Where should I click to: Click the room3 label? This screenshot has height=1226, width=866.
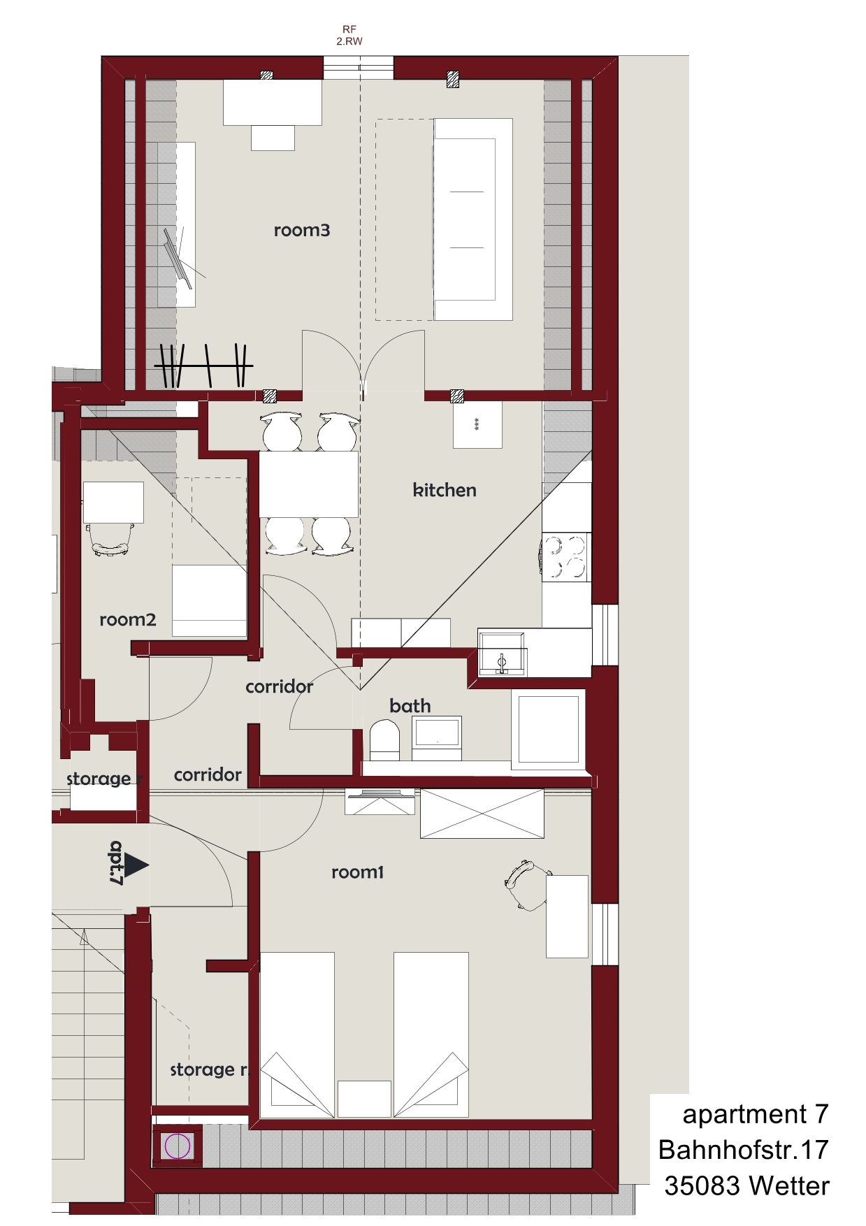coord(301,230)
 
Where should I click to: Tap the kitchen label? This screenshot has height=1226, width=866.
coord(445,490)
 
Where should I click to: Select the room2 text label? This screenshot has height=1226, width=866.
coord(128,619)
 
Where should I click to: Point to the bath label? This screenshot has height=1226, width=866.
coord(410,706)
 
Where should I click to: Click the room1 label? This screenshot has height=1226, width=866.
coord(357,872)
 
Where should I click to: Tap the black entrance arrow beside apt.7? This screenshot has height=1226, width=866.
coord(136,865)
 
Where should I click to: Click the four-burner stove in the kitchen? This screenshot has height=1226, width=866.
coord(565,557)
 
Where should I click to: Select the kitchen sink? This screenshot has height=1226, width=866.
coord(502,654)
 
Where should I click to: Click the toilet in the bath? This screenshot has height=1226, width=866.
coord(384,740)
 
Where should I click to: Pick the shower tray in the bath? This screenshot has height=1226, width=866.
coord(549,729)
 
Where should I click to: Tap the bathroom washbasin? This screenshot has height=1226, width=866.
coord(437,737)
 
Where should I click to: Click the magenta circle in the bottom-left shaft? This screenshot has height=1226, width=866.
coord(177,1146)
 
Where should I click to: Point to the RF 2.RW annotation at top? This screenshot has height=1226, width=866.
coord(349,35)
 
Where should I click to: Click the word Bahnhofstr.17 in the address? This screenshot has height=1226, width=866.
coord(744,1150)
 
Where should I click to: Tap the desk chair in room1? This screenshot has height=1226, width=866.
coord(527,884)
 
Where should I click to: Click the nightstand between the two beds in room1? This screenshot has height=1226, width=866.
coord(364,1099)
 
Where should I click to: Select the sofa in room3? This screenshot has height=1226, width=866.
coord(473,219)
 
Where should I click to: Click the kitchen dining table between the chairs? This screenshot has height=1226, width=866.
coord(309,484)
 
